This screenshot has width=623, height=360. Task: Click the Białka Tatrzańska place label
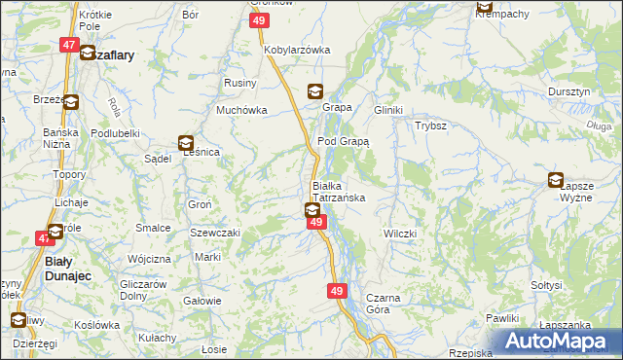coord(338,191)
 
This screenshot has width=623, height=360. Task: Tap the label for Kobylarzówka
coord(297,50)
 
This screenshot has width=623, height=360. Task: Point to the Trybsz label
coord(430,126)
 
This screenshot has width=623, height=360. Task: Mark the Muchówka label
coord(241,111)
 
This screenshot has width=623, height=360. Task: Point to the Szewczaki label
coord(214,234)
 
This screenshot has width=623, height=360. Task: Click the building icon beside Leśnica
coord(185,142)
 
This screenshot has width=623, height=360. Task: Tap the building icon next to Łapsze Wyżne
coord(556,179)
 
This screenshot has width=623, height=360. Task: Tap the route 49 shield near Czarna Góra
coord(337,291)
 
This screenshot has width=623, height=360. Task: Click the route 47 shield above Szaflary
coord(69,45)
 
